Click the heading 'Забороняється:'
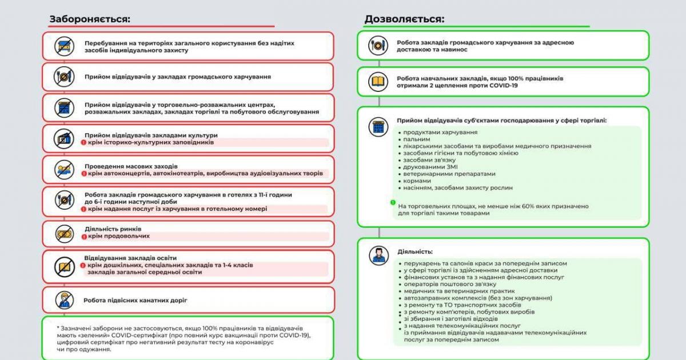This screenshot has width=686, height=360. [90, 19]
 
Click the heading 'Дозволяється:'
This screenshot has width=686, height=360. [404, 19]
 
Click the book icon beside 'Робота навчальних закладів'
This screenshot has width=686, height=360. [377, 82]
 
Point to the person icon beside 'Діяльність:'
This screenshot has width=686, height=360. [377, 254]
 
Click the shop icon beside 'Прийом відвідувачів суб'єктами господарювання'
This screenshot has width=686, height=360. [377, 127]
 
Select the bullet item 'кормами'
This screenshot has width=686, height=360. [416, 180]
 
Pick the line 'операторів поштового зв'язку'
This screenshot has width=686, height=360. [449, 284]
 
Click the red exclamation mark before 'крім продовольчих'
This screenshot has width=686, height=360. [83, 236]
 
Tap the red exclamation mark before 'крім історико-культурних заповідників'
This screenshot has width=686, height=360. [83, 142]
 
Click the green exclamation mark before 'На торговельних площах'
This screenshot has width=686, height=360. [393, 202]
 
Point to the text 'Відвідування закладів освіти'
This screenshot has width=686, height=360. [130, 258]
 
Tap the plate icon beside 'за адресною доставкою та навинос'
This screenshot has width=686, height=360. [377, 46]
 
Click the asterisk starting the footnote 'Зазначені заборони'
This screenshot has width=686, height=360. [58, 327]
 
